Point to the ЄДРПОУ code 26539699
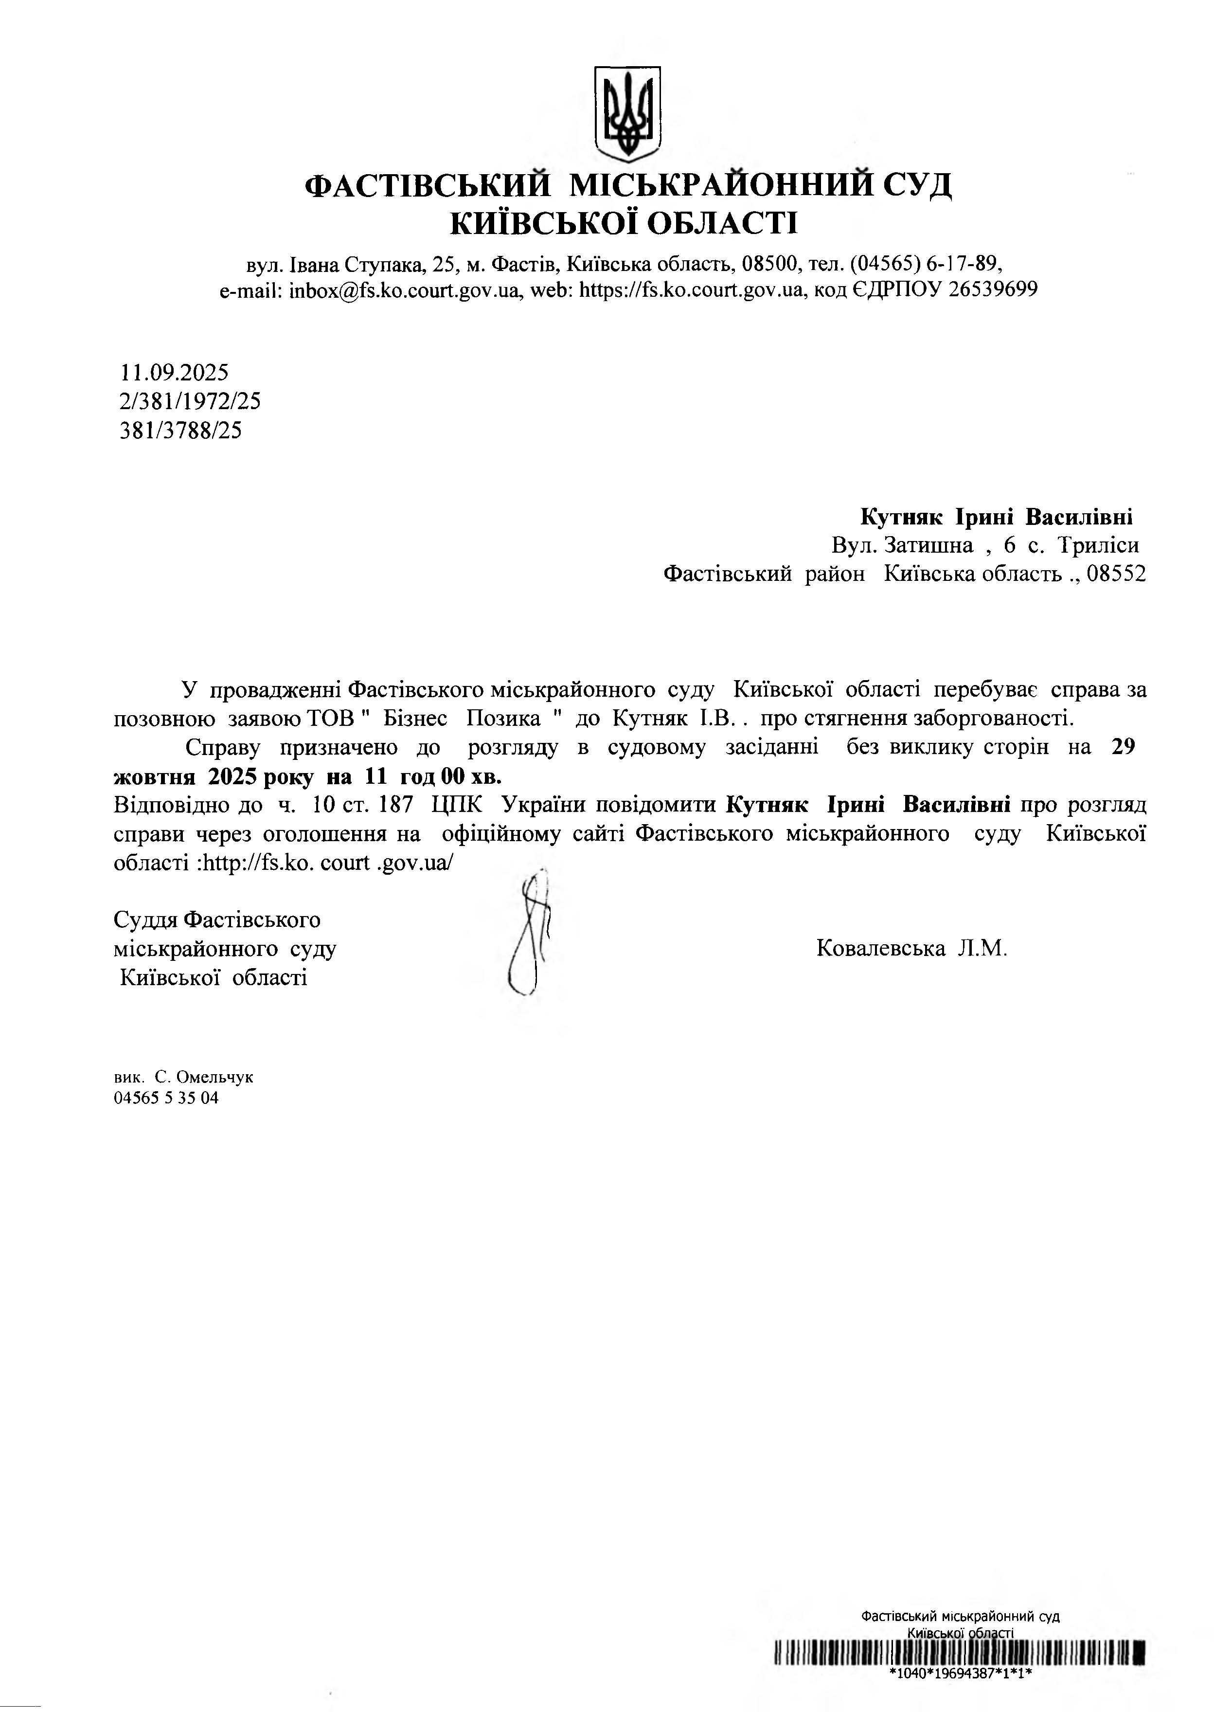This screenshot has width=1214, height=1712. [x=992, y=290]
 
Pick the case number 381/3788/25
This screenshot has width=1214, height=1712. [x=181, y=431]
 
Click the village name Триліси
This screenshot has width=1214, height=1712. [x=1098, y=545]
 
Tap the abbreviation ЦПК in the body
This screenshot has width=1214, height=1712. [x=457, y=805]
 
